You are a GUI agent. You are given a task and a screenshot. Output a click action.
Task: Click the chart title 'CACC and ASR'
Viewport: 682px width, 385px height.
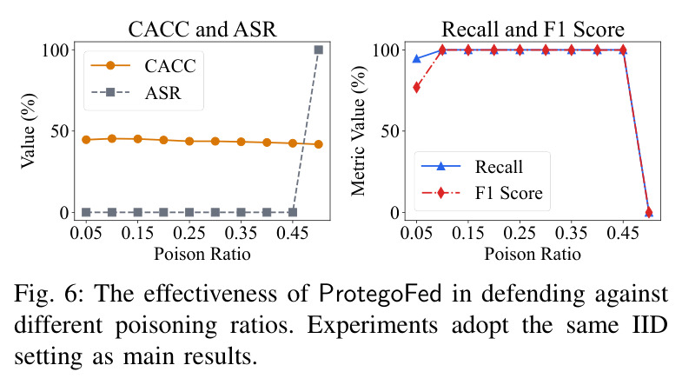click(202, 30)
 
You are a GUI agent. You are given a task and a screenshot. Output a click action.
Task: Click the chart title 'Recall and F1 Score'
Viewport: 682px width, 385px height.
click(533, 30)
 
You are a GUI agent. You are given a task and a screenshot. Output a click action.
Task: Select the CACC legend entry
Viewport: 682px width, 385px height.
click(143, 66)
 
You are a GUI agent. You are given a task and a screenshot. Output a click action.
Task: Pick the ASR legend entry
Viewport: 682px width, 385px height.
click(136, 92)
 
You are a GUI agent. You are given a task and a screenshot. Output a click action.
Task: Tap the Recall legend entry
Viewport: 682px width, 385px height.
click(472, 166)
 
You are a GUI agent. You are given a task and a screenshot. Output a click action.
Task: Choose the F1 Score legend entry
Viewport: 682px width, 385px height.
click(482, 193)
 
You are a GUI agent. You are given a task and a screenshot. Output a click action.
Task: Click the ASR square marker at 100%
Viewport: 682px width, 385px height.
click(318, 50)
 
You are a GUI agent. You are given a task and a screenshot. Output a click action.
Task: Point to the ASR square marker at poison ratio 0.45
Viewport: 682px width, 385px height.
click(293, 212)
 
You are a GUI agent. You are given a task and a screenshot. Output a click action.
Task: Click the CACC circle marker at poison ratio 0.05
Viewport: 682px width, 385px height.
click(86, 140)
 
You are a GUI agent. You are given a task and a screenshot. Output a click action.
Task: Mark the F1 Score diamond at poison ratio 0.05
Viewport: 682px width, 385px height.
click(417, 88)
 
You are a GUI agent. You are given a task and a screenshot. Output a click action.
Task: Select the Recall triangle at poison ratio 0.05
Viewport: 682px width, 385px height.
click(417, 58)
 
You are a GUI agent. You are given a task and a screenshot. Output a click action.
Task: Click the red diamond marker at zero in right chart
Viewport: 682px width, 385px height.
click(648, 212)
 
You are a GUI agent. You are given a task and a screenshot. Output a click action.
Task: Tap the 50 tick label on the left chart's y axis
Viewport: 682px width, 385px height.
click(59, 131)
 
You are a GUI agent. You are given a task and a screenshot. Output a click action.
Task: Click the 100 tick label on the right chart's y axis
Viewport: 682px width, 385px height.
click(386, 50)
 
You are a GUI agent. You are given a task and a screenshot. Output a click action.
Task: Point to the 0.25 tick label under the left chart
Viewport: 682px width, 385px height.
click(189, 233)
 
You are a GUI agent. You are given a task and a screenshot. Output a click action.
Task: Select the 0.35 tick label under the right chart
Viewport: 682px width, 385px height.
click(571, 233)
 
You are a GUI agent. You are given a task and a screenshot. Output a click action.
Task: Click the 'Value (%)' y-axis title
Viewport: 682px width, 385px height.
click(29, 131)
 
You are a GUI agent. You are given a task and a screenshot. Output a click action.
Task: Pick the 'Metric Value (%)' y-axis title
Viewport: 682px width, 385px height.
click(359, 131)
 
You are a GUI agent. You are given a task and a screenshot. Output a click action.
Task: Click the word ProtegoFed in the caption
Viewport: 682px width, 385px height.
click(381, 293)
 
